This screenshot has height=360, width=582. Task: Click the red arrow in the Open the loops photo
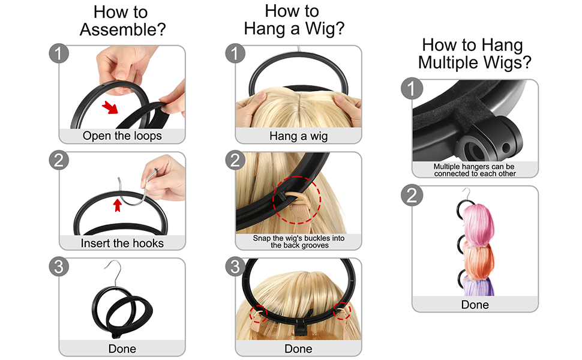click(110, 108)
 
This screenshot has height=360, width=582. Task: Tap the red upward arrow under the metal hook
click(118, 206)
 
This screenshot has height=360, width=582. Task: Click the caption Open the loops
click(122, 136)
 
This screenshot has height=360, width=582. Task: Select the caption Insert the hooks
click(122, 243)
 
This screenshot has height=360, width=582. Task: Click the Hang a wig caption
click(298, 136)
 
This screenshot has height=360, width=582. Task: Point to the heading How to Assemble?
click(122, 20)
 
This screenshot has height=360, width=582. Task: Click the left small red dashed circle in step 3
click(259, 311)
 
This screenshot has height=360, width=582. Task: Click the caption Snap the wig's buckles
click(298, 242)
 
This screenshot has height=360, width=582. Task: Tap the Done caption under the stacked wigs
click(475, 305)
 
